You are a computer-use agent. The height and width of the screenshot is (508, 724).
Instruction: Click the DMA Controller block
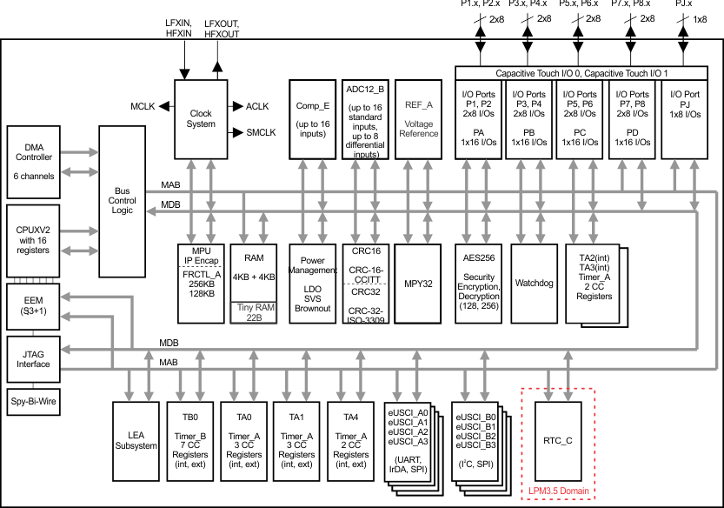34,162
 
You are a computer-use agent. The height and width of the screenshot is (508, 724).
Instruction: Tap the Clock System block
201,119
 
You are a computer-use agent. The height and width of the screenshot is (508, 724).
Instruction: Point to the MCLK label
143,106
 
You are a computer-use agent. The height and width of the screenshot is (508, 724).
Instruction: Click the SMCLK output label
261,133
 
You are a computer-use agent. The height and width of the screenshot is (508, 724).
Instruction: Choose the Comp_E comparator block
312,118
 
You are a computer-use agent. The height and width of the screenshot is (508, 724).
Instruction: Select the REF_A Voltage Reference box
418,118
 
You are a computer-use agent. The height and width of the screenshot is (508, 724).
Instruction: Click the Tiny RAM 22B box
254,312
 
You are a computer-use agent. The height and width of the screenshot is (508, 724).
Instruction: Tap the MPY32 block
418,283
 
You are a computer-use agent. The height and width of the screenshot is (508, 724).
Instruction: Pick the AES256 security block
478,283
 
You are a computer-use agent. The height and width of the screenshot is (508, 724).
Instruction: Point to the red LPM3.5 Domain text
556,491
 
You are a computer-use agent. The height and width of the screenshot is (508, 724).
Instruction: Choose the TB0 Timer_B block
189,439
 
